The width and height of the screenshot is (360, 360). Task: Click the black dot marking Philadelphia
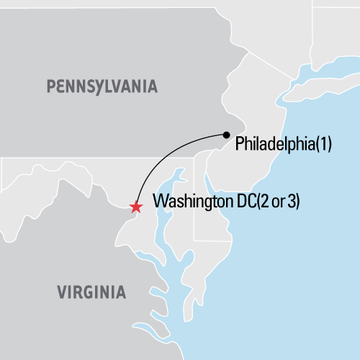coord(227,134)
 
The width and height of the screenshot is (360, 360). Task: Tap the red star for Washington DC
coord(135,207)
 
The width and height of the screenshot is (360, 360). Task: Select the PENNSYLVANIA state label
coord(102,87)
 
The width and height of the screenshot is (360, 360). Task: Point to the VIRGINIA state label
coord(91,292)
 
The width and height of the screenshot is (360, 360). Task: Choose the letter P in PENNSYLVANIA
coord(51,87)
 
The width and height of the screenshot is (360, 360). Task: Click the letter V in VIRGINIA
coord(60,292)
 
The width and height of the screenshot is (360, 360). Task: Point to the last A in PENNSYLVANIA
coord(151,87)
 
